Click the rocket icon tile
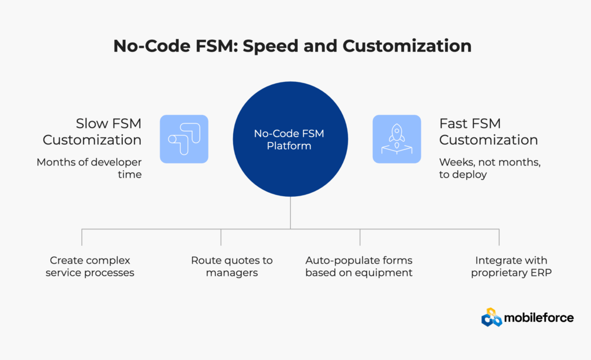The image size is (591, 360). click(397, 139)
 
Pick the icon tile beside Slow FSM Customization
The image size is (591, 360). click(184, 139)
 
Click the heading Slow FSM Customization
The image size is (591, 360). click(92, 132)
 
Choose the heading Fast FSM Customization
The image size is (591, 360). click(488, 132)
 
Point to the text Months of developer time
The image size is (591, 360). click(89, 168)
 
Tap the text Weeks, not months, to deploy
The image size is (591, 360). click(489, 168)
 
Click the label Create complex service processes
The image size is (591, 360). click(90, 267)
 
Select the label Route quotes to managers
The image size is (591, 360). click(231, 267)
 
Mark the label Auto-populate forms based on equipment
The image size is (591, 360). click(359, 267)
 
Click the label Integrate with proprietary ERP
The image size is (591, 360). click(511, 267)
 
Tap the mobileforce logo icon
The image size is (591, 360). click(492, 317)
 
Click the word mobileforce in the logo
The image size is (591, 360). click(538, 317)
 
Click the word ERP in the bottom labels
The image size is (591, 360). click(541, 273)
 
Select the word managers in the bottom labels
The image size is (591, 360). click(231, 273)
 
